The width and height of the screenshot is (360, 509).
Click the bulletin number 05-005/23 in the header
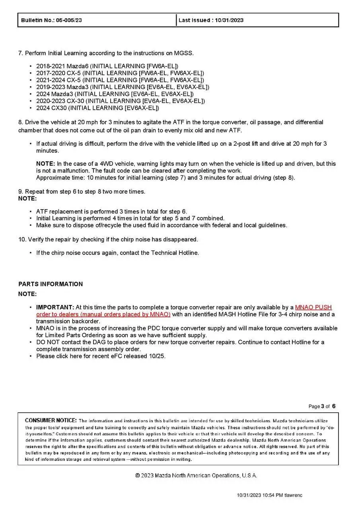pyautogui.click(x=68, y=20)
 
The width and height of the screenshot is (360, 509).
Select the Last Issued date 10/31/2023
pyautogui.click(x=229, y=20)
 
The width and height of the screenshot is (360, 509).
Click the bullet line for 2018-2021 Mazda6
pyautogui.click(x=107, y=66)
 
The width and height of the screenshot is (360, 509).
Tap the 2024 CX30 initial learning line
pyautogui.click(x=97, y=108)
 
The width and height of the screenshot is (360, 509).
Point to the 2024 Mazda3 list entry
pyautogui.click(x=115, y=94)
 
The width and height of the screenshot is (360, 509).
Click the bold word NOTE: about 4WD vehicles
pyautogui.click(x=45, y=163)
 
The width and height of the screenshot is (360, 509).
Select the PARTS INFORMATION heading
pyautogui.click(x=51, y=284)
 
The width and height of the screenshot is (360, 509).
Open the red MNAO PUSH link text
pyautogui.click(x=313, y=307)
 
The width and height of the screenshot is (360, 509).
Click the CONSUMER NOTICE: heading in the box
pyautogui.click(x=51, y=420)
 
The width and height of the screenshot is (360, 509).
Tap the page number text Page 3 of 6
pyautogui.click(x=322, y=406)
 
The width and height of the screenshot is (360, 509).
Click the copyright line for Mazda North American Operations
pyautogui.click(x=196, y=476)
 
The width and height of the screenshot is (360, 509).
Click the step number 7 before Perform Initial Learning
pyautogui.click(x=20, y=53)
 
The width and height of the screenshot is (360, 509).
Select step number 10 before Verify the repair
pyautogui.click(x=22, y=239)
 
